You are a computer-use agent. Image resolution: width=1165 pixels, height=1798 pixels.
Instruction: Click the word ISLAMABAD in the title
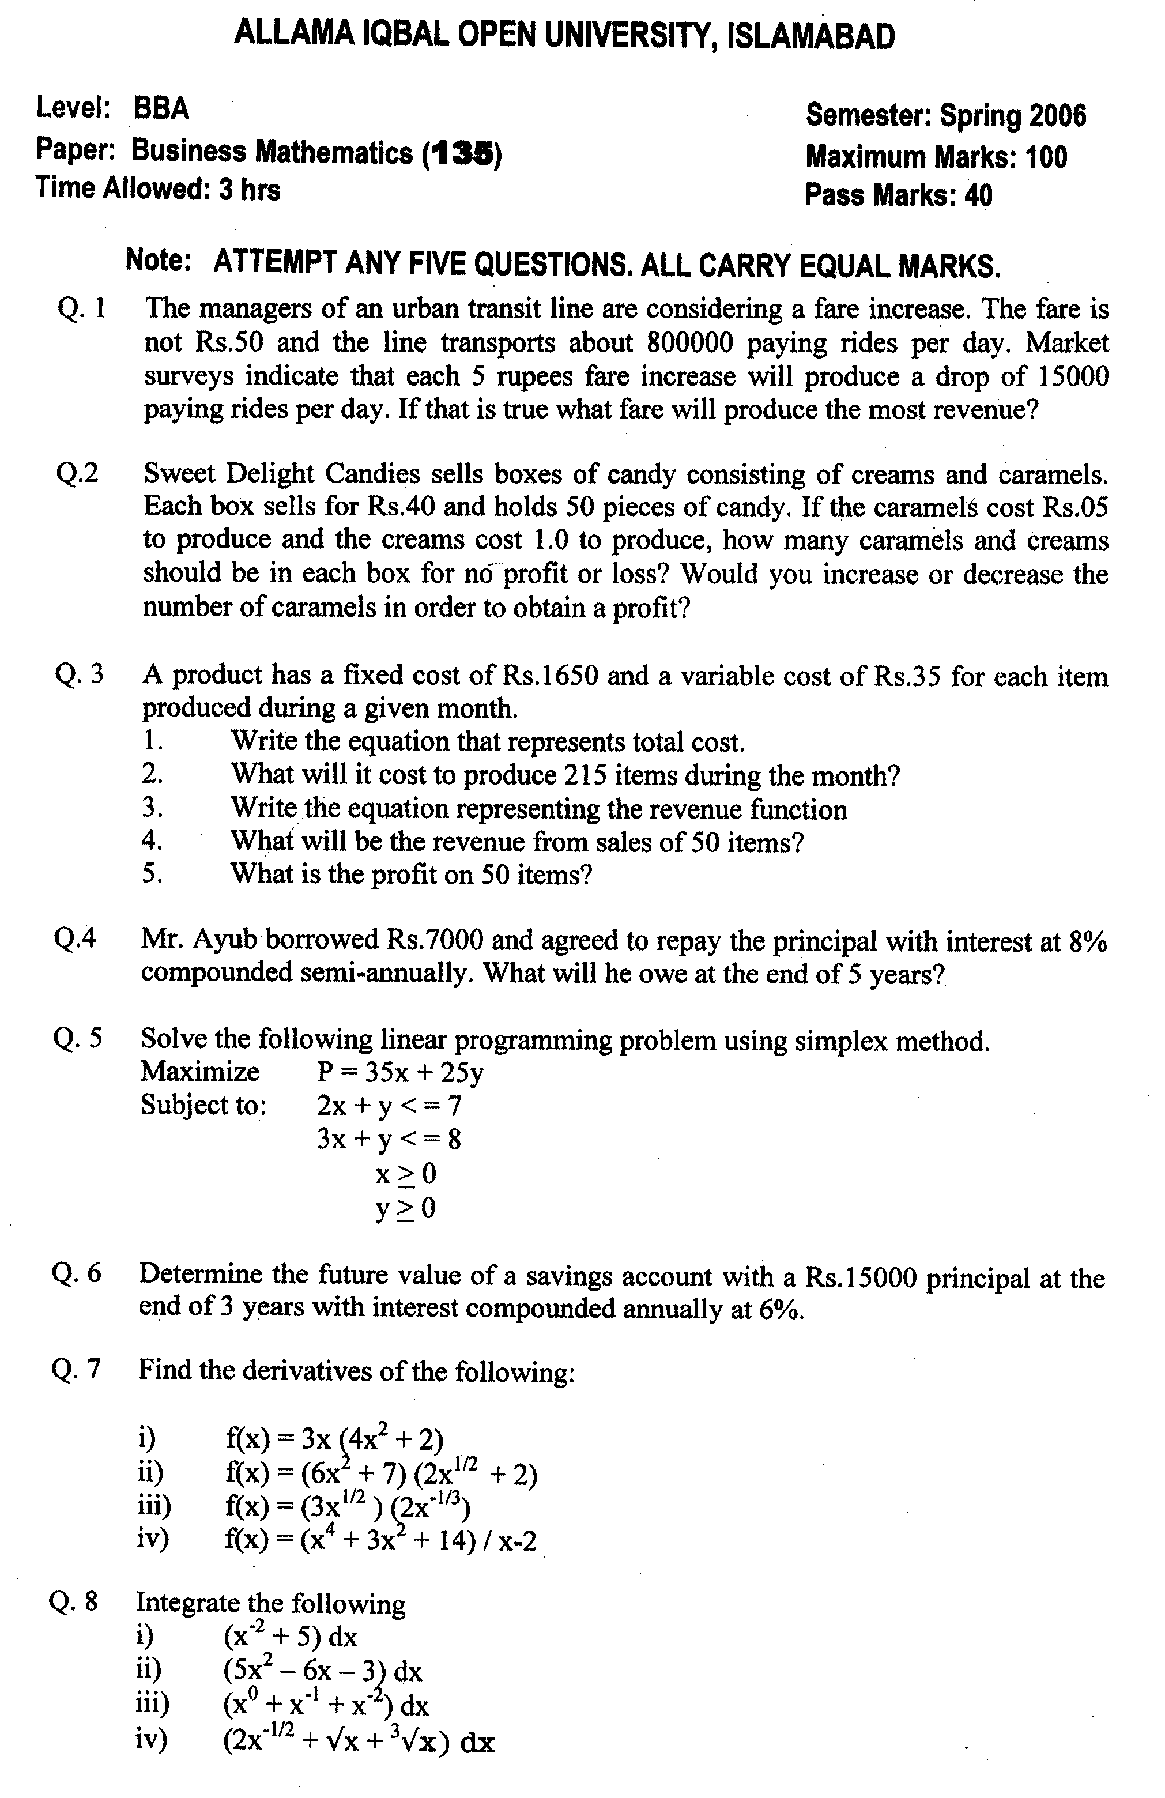click(x=810, y=36)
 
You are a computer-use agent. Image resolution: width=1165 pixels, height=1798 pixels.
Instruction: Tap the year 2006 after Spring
click(x=1057, y=116)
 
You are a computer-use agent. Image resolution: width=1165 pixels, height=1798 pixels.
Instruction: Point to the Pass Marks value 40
click(x=978, y=195)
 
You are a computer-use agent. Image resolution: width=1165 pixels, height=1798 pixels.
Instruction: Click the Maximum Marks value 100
click(x=1046, y=157)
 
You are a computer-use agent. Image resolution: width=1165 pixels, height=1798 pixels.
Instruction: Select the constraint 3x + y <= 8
click(x=389, y=1139)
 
